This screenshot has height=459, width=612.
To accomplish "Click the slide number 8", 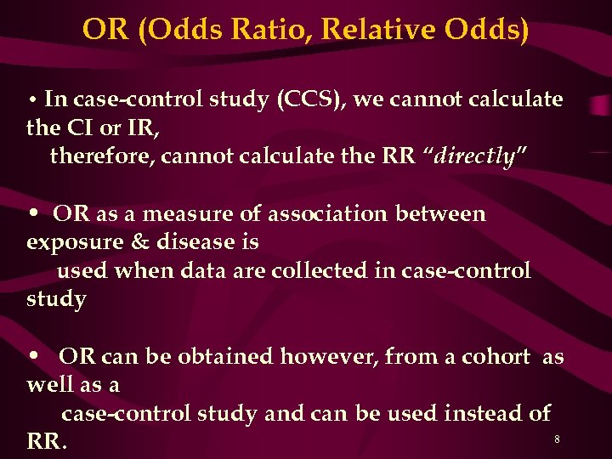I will tap(557, 439).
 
